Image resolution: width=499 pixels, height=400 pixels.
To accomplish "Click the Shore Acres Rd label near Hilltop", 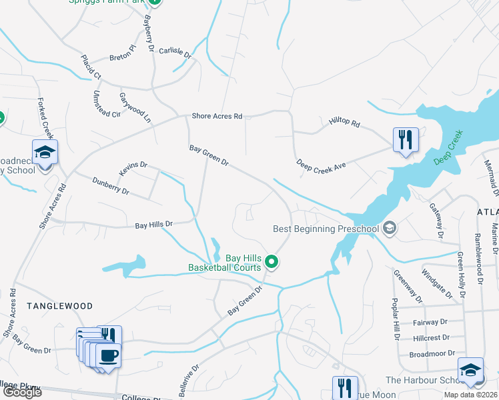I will pos(217,116).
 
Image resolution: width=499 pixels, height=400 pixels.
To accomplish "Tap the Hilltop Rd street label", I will pos(344,123).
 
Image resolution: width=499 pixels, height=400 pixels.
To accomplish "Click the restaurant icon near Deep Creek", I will pos(406,139).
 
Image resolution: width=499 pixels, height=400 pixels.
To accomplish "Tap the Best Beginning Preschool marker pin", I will pos(390,229).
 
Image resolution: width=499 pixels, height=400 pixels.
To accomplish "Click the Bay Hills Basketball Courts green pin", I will pos(271,262).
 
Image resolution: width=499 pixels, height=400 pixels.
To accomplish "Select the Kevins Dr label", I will pos(133,169).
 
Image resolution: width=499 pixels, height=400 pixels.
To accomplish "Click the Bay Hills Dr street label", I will pos(154,225).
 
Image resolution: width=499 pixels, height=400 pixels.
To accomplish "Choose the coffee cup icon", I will pos(107,354).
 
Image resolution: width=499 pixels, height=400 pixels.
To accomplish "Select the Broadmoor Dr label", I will pos(432,353).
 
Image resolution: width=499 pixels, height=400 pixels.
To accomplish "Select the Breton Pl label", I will pos(123,49).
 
